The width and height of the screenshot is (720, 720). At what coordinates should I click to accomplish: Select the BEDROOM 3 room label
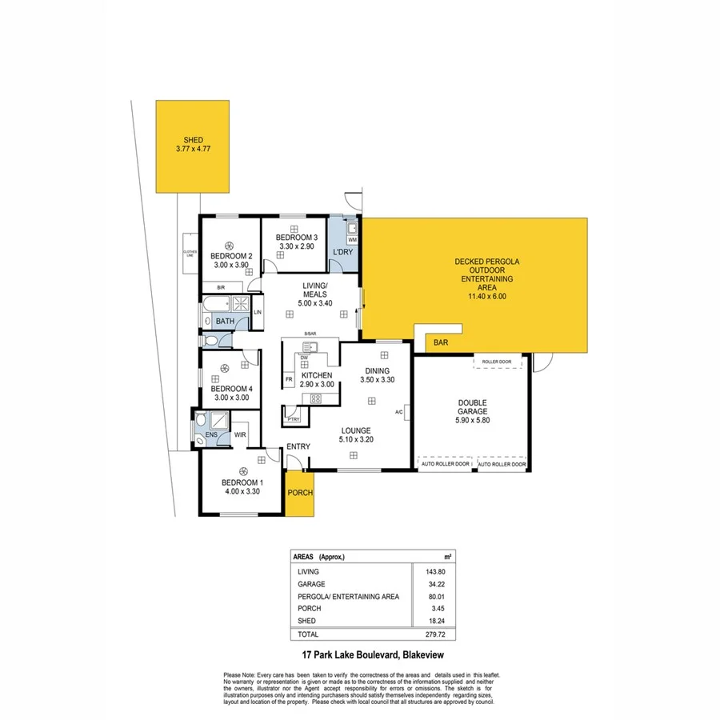coord(297,238)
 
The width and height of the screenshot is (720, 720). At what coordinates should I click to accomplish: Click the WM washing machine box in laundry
coord(352,240)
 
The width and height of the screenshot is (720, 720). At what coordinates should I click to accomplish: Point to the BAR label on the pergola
coord(441,342)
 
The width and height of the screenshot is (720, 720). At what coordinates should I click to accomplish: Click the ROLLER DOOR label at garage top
coord(496,362)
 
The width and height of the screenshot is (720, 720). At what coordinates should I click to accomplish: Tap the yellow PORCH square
coord(300,493)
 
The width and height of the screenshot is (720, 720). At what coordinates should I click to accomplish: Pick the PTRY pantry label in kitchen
coord(293,418)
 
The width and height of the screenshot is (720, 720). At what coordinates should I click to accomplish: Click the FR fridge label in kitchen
coord(288,378)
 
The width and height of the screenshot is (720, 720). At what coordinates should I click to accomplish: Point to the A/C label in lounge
coord(398,412)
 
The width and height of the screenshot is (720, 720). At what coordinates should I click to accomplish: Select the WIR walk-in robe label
coord(240,435)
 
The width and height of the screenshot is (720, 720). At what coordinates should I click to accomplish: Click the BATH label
coord(225,321)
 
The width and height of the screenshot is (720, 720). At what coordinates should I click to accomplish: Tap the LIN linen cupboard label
coord(258,312)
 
